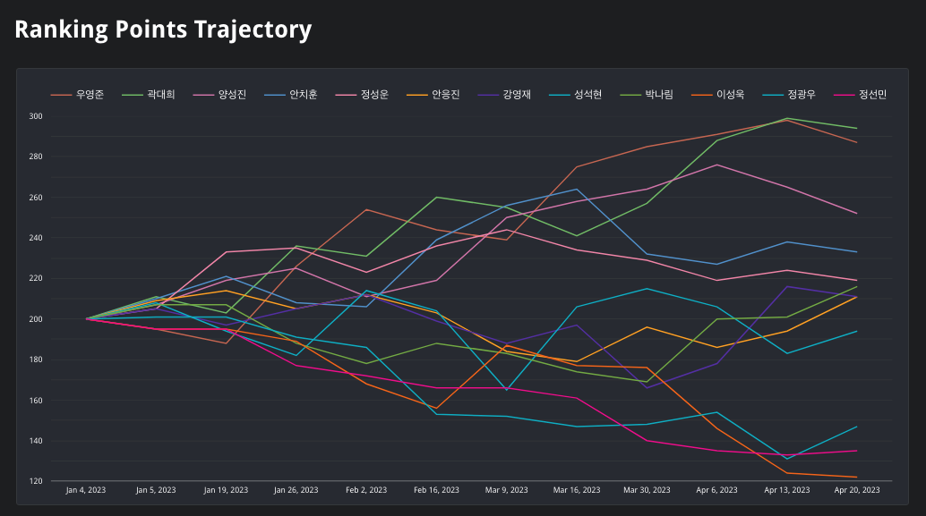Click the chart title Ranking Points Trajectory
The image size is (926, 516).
pos(163,30)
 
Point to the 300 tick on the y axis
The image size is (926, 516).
pos(61,116)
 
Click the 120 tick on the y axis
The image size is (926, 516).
pos(61,481)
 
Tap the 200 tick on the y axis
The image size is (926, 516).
pos(61,319)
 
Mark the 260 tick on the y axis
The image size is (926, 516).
pos(61,198)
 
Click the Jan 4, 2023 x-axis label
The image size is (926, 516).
pos(86,490)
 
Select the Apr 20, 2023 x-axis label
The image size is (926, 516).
pos(857,490)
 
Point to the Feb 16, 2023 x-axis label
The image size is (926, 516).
pos(437,490)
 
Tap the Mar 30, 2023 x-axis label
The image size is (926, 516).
pos(647,490)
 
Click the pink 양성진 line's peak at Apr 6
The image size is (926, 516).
pos(716,165)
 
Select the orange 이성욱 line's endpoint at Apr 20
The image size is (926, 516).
pos(857,477)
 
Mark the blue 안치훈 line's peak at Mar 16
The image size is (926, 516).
pos(577,189)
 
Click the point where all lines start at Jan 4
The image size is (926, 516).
pos(87,318)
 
